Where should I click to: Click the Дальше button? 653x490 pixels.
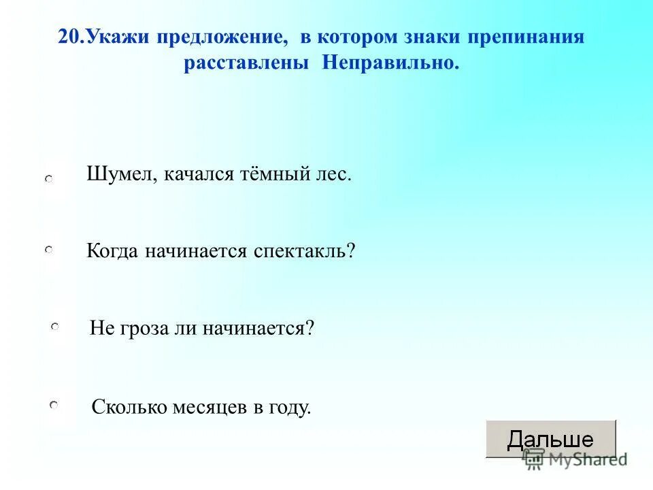tap(550, 438)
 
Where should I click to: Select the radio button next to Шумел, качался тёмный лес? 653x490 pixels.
tap(50, 178)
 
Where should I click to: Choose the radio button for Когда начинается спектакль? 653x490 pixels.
tap(49, 251)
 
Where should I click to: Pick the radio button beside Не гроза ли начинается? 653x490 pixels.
tap(54, 328)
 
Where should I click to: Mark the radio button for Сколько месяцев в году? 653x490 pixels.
tap(54, 406)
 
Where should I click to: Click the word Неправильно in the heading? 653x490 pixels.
tap(390, 63)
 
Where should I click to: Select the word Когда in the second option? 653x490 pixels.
tap(112, 251)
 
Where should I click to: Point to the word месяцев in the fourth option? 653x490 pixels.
tap(205, 408)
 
